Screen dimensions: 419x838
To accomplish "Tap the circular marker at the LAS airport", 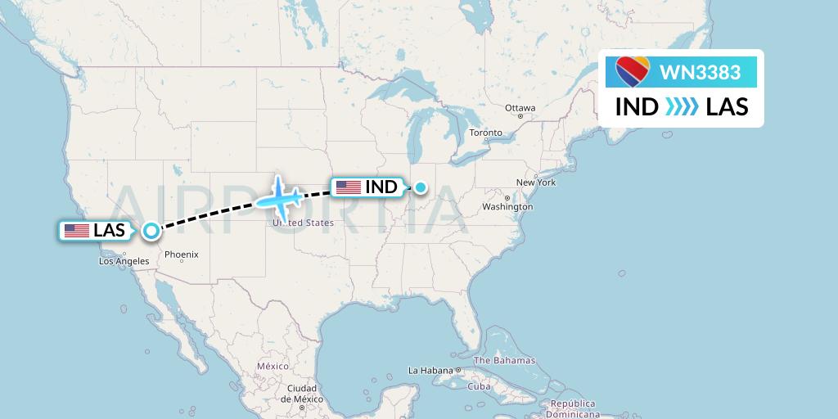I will pyautogui.click(x=151, y=231).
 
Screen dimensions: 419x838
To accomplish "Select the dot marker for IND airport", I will pyautogui.click(x=421, y=187).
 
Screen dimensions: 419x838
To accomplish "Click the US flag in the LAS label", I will pyautogui.click(x=77, y=231).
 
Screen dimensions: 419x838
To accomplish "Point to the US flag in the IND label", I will pyautogui.click(x=348, y=187).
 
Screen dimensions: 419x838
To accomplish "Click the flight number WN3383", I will pyautogui.click(x=700, y=73).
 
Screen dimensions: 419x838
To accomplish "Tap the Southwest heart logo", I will pyautogui.click(x=633, y=73).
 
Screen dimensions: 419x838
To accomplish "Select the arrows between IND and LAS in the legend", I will pyautogui.click(x=682, y=107).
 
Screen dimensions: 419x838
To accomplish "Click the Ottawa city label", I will pyautogui.click(x=520, y=108).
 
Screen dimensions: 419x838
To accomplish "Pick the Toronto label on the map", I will pyautogui.click(x=485, y=133).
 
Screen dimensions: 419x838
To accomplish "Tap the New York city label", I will pyautogui.click(x=536, y=182).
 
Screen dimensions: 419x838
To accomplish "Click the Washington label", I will pyautogui.click(x=507, y=207).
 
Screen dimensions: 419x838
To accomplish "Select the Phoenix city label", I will pyautogui.click(x=181, y=255).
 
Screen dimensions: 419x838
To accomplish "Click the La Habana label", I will pyautogui.click(x=431, y=370).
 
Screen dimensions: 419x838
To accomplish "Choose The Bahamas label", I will pyautogui.click(x=504, y=360).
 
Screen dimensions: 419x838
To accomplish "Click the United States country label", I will pyautogui.click(x=303, y=223).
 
